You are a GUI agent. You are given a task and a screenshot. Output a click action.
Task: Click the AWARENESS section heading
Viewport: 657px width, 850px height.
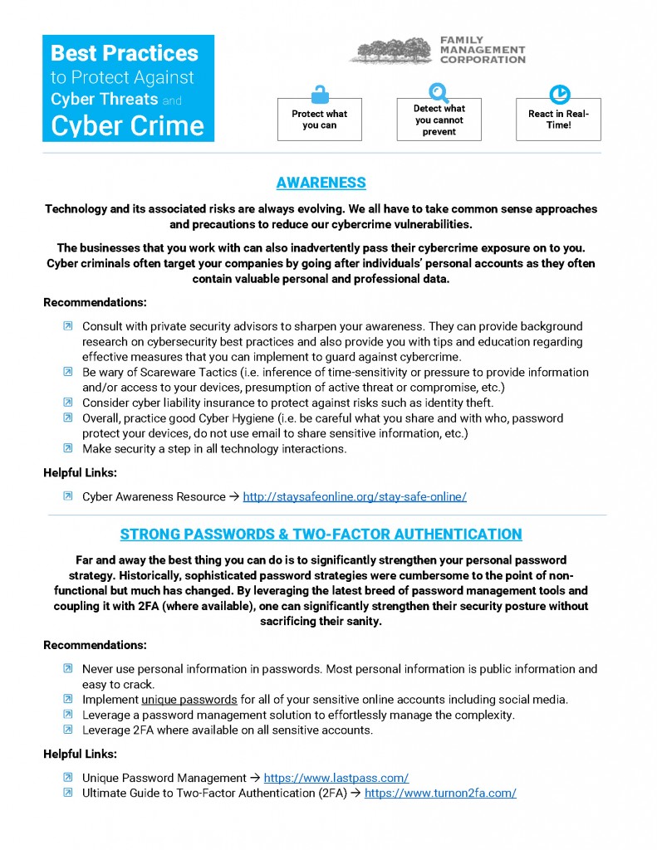click(321, 183)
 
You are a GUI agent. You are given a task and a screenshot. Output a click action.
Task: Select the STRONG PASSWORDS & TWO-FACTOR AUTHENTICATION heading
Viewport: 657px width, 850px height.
click(321, 534)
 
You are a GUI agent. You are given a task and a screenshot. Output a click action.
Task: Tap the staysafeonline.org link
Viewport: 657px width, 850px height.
click(355, 496)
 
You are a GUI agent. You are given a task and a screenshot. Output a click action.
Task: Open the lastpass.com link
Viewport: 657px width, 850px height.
click(336, 778)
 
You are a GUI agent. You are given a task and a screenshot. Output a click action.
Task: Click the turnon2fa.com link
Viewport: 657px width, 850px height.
click(440, 793)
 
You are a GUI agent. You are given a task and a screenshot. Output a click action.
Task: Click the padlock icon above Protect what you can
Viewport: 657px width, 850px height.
click(319, 94)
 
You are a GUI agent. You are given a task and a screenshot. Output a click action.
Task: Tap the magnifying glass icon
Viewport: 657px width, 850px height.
click(438, 91)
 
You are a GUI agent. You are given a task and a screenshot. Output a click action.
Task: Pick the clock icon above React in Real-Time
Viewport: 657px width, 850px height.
click(559, 93)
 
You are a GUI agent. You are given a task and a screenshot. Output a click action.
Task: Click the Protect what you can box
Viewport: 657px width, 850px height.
click(320, 120)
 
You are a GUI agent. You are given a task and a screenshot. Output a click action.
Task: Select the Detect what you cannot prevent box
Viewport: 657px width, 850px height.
click(439, 120)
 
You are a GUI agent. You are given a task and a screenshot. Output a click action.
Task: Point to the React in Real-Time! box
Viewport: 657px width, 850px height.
click(558, 120)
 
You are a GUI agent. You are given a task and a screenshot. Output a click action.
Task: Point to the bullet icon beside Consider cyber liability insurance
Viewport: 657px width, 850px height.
click(68, 403)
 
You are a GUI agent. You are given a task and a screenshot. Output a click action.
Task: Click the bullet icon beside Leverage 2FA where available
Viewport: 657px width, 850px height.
click(68, 730)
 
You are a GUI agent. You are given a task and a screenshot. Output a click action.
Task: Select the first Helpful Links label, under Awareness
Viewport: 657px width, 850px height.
click(80, 473)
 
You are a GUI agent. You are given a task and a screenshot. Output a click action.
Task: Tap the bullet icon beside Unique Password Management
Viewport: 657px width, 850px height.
click(68, 778)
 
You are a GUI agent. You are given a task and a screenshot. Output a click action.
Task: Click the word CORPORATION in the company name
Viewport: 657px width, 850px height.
click(482, 60)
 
